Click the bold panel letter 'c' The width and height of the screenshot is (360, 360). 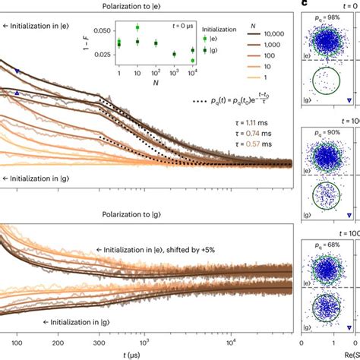306,4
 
